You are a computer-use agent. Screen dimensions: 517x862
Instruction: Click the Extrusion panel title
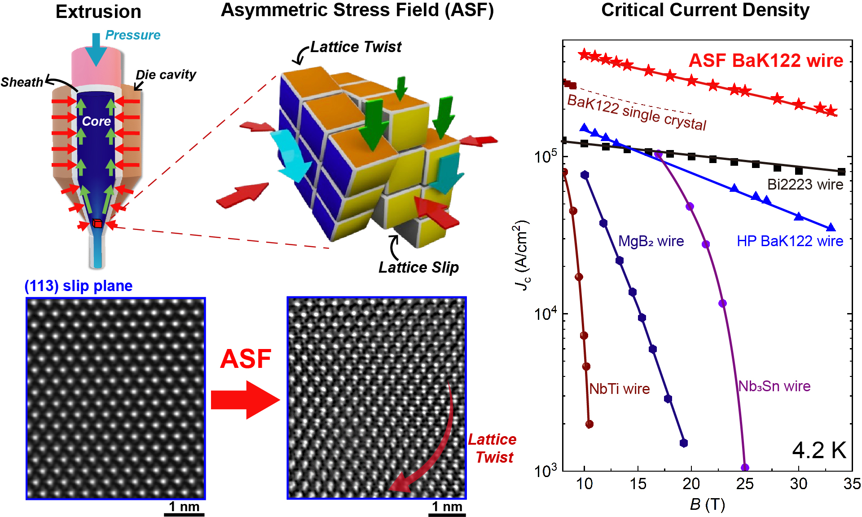98,12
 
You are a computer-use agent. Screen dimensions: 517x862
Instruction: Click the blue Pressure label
133,35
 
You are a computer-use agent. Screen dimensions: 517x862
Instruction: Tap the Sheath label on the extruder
22,82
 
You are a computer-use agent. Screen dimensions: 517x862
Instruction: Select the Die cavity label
166,75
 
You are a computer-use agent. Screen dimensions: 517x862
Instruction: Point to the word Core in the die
96,121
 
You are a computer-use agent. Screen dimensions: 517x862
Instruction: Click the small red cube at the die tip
97,224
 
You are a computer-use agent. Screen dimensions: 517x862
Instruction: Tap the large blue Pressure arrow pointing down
96,49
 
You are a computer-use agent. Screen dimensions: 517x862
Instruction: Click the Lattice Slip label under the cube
418,267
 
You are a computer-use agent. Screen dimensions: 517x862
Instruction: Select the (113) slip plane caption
79,286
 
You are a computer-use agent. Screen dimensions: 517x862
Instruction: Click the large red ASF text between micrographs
246,359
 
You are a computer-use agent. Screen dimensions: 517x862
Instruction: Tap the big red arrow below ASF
245,400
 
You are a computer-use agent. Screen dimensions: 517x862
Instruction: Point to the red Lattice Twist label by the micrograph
493,448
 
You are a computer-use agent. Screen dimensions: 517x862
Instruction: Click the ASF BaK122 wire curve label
766,61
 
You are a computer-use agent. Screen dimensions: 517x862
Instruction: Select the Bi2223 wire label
805,184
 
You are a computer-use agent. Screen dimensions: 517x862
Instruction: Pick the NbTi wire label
619,389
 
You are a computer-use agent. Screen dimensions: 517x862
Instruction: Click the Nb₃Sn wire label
774,386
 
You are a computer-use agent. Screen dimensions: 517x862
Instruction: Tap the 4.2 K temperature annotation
819,450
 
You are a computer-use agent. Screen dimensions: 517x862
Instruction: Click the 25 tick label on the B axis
744,484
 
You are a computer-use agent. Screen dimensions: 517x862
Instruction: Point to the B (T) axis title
707,504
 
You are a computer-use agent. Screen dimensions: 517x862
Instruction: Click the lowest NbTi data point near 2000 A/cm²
589,424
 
